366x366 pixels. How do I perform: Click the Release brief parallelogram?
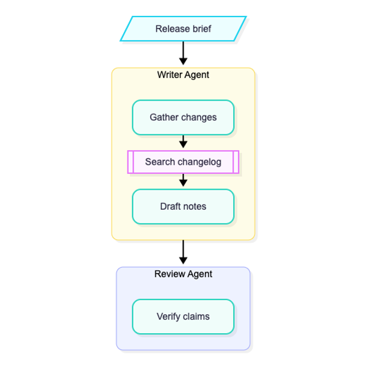[183, 29]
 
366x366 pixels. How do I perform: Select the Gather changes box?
[183, 117]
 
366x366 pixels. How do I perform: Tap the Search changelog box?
[183, 162]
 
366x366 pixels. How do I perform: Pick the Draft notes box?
[183, 207]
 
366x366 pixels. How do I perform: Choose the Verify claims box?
[183, 317]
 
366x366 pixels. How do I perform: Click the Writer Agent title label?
[183, 75]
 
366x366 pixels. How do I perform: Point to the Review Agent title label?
[183, 274]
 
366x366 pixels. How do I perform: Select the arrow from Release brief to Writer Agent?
[183, 53]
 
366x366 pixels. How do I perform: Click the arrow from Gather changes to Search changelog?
[183, 142]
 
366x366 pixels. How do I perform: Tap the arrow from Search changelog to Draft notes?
[183, 180]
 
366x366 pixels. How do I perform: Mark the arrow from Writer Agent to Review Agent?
[183, 252]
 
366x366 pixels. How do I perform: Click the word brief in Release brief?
[202, 29]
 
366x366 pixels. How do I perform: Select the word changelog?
[199, 162]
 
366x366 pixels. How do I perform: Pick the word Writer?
[170, 75]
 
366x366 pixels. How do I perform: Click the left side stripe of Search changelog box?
[131, 162]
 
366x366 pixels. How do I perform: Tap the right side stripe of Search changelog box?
[235, 162]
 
